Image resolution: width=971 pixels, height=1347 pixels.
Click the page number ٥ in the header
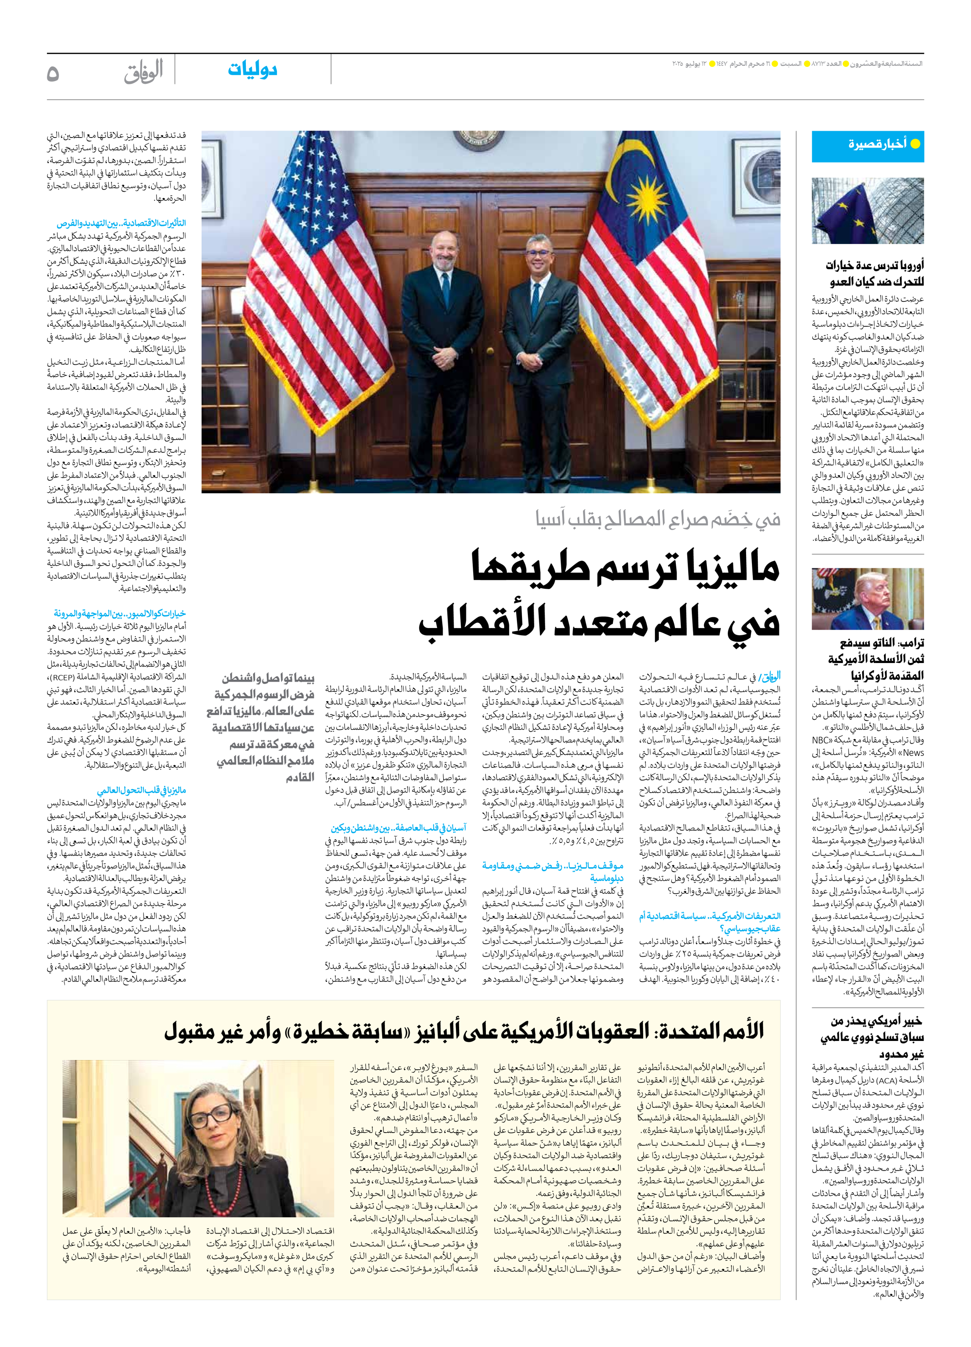coord(54,74)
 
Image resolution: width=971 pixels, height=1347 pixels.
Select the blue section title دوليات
coord(252,70)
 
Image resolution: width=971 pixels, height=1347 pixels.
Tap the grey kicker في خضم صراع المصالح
coord(658,519)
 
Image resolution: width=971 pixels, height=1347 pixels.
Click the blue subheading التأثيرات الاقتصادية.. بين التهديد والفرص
coord(121,223)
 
